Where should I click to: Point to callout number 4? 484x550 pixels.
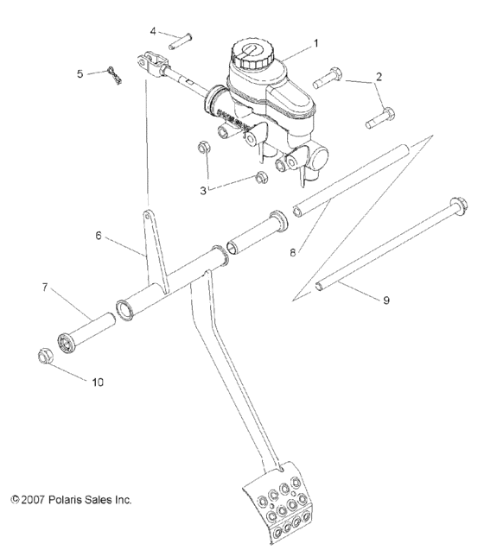click(153, 31)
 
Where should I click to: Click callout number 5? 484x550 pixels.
click(80, 73)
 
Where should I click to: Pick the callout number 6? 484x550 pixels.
click(99, 234)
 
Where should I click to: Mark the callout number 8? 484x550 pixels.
click(294, 254)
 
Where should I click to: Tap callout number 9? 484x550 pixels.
click(386, 301)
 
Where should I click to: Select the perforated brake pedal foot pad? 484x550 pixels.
click(274, 509)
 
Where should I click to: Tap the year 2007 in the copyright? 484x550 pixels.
click(31, 499)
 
